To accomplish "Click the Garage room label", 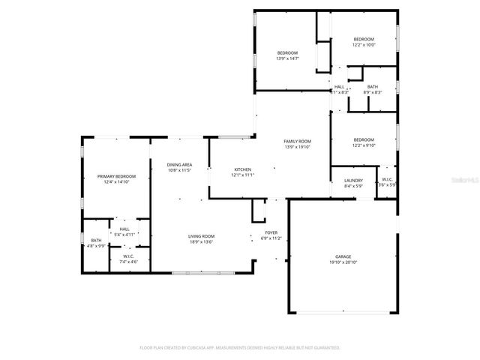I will point(343,256).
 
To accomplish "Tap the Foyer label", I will point(271,232).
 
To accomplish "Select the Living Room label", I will point(201,236).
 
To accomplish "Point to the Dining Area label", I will point(180,164).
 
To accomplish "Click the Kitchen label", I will point(243,169).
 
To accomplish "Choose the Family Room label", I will point(297,141).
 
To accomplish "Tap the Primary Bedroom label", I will point(116,176).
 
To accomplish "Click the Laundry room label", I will point(353,180).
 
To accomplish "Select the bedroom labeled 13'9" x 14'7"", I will point(287,52).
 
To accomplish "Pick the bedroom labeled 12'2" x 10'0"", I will point(364,39).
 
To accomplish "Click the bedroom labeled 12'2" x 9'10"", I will point(364,139).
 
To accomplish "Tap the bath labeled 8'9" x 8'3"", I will point(373,87).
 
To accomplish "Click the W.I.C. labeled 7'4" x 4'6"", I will point(128,256).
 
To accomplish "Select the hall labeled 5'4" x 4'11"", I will point(124,229).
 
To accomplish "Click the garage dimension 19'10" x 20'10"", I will point(343,262).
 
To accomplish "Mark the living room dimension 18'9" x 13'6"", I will point(201,242).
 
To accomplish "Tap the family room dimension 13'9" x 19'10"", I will point(297,147).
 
